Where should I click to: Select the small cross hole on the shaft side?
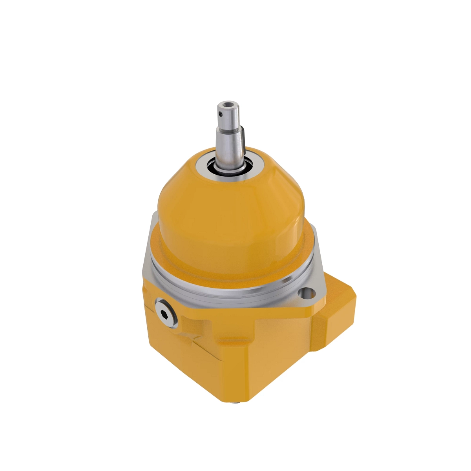[x=221, y=114]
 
